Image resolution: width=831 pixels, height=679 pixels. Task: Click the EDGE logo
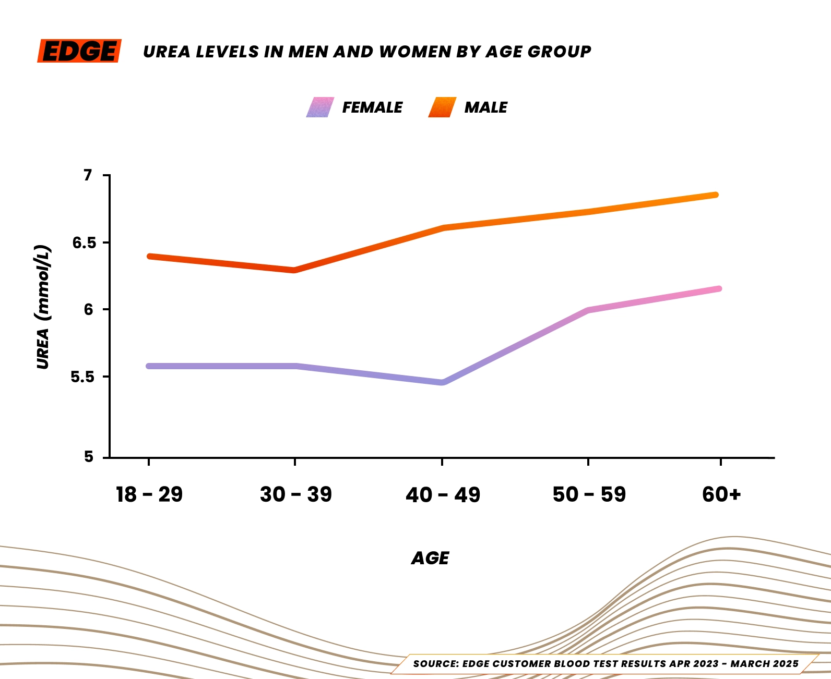79,51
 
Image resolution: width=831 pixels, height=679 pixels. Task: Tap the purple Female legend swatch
320,107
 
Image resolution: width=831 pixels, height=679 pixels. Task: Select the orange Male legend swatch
442,107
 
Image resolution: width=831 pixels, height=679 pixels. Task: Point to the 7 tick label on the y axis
88,175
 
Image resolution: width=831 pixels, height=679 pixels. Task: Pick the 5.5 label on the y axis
82,377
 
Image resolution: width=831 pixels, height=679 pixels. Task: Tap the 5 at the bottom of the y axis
88,457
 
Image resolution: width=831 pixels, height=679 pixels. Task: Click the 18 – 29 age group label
149,494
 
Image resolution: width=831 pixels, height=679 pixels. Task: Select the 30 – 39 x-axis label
295,494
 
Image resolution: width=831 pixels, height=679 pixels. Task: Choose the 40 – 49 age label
443,494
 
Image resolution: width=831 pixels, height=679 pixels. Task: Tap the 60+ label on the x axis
721,494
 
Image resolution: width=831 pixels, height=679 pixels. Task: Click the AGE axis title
430,558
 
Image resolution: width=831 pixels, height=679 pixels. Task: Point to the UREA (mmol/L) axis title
43,307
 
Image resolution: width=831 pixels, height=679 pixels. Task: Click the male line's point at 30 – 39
295,270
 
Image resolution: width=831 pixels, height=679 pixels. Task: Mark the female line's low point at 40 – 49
443,382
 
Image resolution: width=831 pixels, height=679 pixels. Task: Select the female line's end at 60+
719,289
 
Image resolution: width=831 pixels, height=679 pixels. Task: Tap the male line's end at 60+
716,195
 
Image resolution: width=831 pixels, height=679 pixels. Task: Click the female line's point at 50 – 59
588,310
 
